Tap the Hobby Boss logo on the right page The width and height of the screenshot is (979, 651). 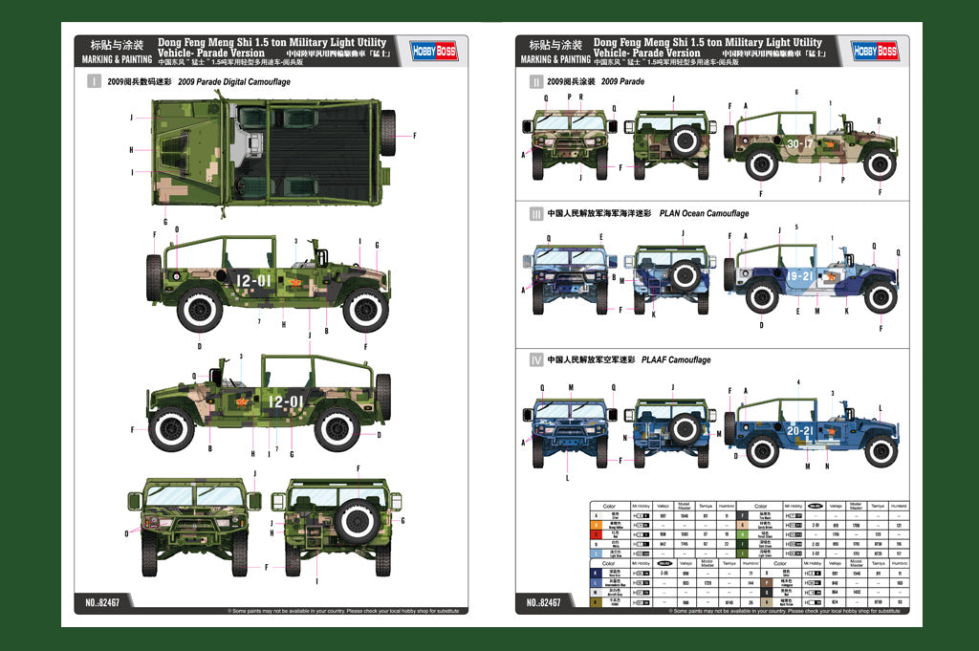pos(874,50)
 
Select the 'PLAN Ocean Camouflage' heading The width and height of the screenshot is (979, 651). pos(704,213)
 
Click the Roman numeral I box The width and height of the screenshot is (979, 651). pos(94,82)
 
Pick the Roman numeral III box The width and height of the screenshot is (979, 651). pos(535,213)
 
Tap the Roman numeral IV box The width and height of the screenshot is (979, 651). pos(535,359)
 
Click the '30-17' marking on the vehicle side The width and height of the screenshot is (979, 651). pos(801,143)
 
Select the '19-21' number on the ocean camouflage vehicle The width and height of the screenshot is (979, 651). pos(801,275)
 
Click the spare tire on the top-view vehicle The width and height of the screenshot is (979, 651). pos(388,133)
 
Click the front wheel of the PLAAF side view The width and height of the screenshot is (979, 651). pos(880,449)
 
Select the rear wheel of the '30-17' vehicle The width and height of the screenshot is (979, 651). pos(762,163)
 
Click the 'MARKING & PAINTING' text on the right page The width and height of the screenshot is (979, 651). pos(550,59)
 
